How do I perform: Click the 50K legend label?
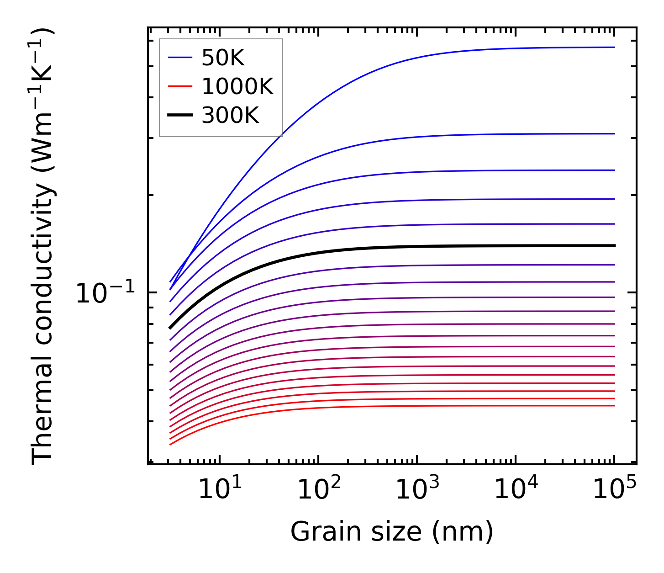(x=223, y=58)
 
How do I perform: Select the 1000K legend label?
(x=237, y=87)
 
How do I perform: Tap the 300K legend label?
(x=230, y=116)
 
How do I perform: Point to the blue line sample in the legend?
(x=180, y=58)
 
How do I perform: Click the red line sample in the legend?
(x=180, y=86)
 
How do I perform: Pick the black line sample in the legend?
(x=180, y=115)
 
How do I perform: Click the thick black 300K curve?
(x=365, y=249)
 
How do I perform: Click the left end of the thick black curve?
(x=170, y=328)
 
